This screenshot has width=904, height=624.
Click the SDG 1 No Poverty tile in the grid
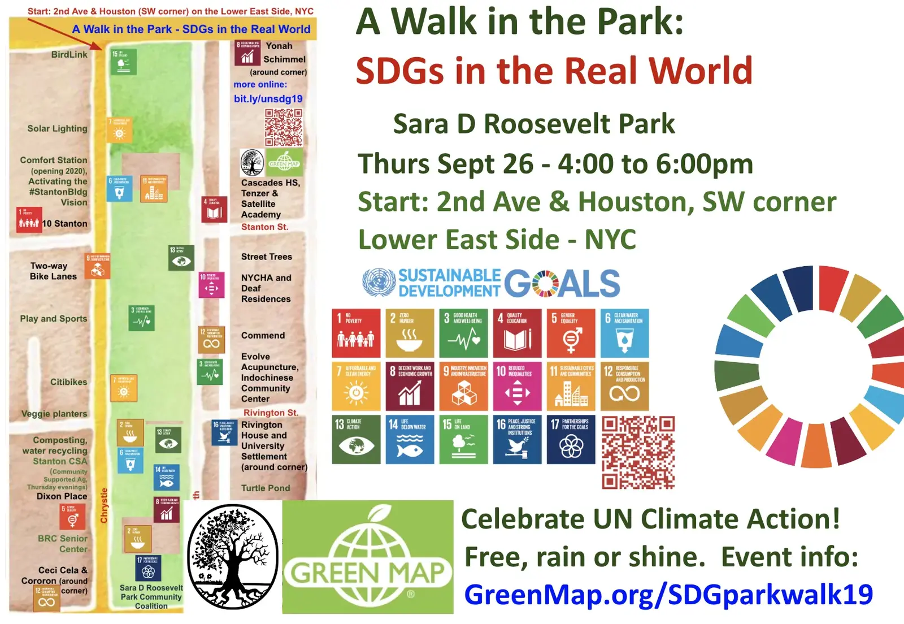356,333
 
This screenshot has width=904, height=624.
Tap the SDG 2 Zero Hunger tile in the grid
410,333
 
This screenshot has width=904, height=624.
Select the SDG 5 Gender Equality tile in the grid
571,333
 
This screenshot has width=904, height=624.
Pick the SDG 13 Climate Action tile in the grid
356,440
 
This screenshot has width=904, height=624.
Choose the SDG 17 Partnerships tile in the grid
571,440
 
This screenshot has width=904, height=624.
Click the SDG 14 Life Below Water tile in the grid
410,440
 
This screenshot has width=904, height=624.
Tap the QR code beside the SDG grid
638,452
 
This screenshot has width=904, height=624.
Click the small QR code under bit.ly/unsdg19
284,127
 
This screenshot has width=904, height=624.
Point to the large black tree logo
232,557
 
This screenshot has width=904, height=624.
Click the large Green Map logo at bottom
368,557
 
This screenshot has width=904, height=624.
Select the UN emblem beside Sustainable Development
379,283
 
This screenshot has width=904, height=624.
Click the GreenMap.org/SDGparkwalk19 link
668,595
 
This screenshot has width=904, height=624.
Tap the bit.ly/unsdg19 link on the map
268,98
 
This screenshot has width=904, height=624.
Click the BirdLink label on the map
69,55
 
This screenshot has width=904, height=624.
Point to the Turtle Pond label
266,488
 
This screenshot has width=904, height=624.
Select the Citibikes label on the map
69,382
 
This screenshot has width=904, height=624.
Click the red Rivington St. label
271,413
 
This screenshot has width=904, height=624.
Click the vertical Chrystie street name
104,505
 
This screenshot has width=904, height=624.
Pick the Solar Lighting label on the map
58,128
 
